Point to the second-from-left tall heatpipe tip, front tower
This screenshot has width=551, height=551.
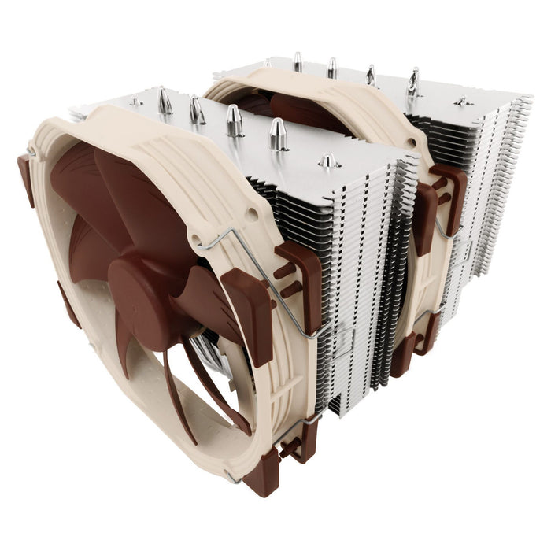(x=196, y=109)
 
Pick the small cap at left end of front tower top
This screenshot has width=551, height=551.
(x=135, y=102)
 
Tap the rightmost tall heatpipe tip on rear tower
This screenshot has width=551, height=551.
(x=413, y=80)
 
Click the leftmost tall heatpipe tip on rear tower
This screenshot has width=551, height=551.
(x=298, y=60)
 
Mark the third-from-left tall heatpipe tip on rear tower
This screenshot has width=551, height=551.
(x=370, y=74)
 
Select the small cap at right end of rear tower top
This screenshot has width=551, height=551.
(x=462, y=101)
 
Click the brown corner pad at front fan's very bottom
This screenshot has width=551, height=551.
(x=260, y=472)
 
